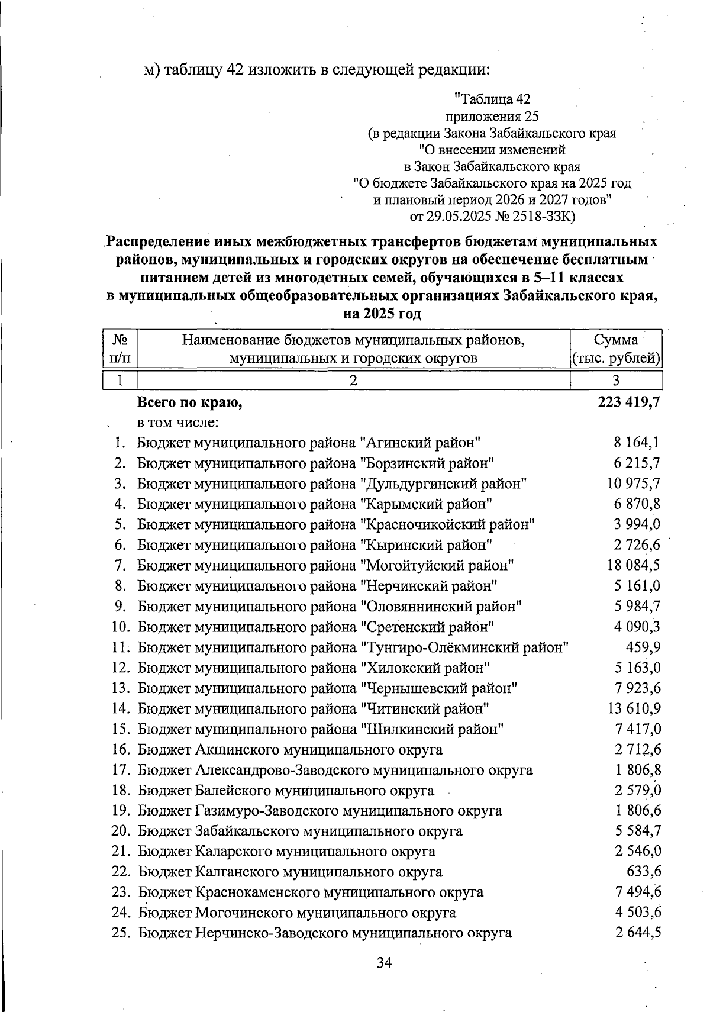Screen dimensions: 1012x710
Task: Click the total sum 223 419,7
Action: click(x=629, y=403)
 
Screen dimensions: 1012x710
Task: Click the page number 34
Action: click(x=385, y=963)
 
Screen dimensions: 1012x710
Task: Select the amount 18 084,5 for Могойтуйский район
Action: click(x=633, y=565)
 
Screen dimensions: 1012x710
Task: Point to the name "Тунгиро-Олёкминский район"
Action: click(x=464, y=647)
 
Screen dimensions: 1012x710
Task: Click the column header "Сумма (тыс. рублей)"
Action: click(x=616, y=349)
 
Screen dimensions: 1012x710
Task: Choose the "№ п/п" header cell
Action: click(x=120, y=349)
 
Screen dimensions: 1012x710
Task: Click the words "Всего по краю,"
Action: click(x=191, y=403)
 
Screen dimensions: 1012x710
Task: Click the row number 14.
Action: click(x=121, y=708)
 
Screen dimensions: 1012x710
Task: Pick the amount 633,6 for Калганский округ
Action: click(x=644, y=871)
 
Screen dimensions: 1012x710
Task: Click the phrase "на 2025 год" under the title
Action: click(x=382, y=313)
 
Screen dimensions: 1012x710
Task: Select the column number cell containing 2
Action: click(x=353, y=380)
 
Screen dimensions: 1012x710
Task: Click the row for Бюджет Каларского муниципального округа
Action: click(x=287, y=852)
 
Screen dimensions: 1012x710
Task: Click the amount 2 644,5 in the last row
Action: click(x=638, y=933)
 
